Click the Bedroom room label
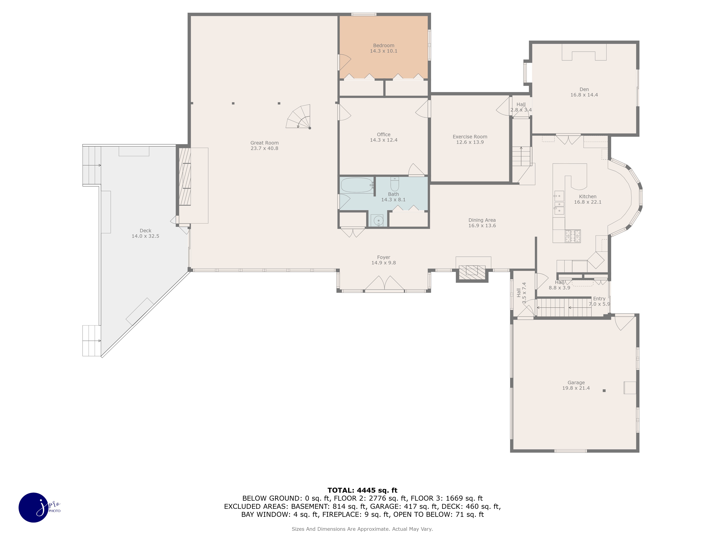coord(384,46)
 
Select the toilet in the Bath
coord(395,184)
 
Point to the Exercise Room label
coord(470,137)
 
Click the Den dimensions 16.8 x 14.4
coord(584,95)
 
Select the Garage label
coord(576,383)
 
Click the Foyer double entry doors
coord(384,283)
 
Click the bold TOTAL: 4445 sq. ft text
coord(362,490)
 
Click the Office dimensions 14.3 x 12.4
coord(384,140)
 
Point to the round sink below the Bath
coord(378,220)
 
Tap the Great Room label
coord(264,143)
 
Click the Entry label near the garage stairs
coord(599,299)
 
